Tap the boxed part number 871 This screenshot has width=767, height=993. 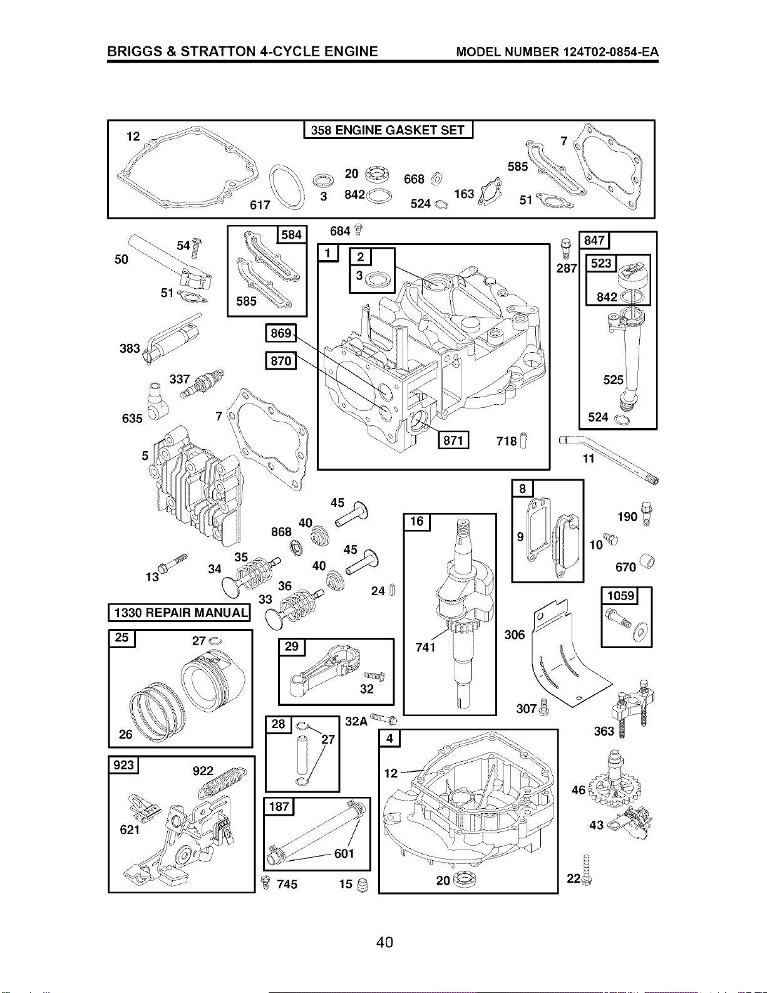tap(453, 440)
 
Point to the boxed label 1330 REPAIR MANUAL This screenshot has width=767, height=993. tap(180, 612)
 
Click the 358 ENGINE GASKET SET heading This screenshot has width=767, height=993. tap(388, 130)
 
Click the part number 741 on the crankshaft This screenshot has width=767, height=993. tap(426, 647)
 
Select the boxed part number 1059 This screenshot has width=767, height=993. tap(620, 596)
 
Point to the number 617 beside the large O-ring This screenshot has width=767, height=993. tap(260, 205)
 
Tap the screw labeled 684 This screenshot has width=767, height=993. tap(359, 230)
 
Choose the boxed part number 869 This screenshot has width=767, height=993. tap(281, 333)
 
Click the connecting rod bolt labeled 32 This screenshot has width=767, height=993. tap(374, 676)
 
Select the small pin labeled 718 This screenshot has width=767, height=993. tap(525, 440)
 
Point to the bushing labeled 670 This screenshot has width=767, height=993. tap(647, 561)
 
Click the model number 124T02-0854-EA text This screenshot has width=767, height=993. tap(557, 51)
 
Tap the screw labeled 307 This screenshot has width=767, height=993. tap(543, 708)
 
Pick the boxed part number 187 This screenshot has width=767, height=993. tap(279, 806)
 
